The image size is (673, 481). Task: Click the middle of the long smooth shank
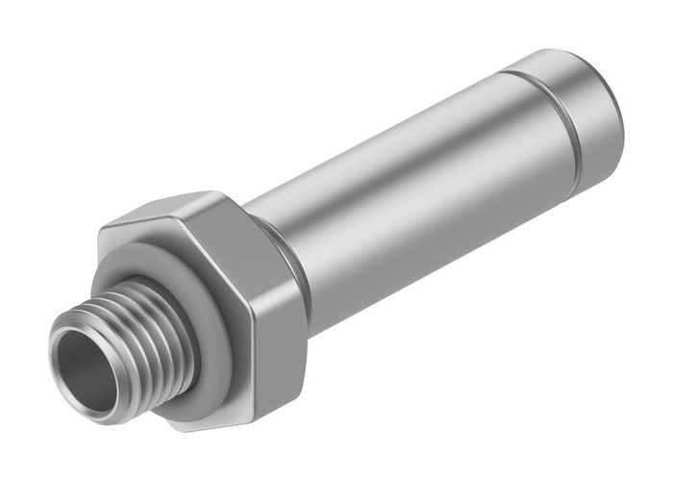[x=404, y=192]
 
